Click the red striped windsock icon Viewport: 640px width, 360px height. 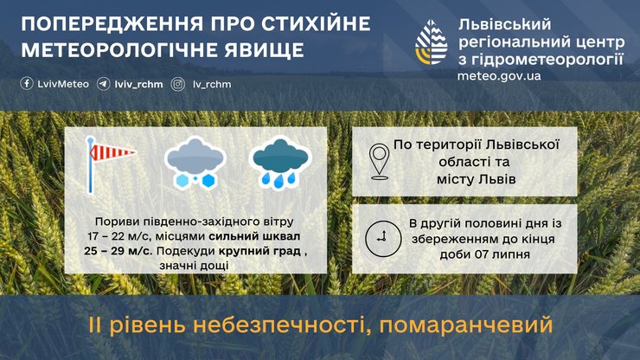click(x=107, y=161)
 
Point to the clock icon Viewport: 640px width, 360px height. click(x=379, y=237)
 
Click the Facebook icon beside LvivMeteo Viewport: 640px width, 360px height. click(x=27, y=84)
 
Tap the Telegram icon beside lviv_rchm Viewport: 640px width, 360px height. click(x=103, y=84)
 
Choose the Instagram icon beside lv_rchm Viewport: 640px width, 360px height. click(x=178, y=84)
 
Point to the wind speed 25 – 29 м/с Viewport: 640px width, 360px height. click(x=119, y=251)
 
